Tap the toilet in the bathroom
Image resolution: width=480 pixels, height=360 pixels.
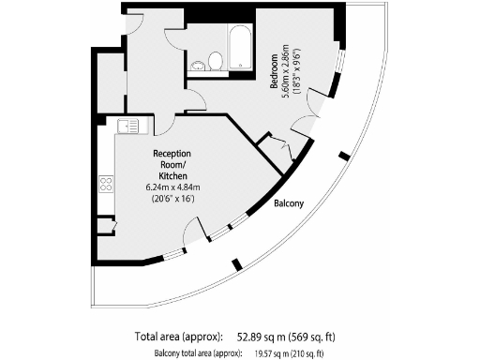coord(215,62)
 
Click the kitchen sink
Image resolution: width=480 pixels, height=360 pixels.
coord(127,125)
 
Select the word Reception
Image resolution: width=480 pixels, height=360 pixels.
coord(172,153)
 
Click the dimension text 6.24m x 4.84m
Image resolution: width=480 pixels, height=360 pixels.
coord(172,187)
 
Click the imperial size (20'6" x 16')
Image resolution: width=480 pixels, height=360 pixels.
coord(172,198)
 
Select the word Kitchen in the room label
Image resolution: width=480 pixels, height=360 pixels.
coord(172,175)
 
